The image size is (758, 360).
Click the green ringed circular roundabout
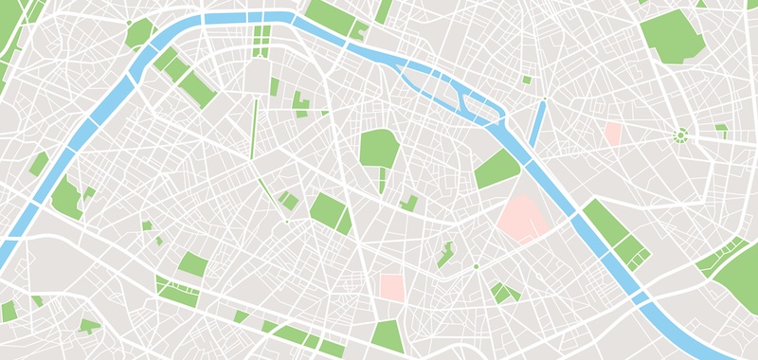click(x=679, y=135)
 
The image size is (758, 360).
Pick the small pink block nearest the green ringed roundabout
click(x=612, y=134)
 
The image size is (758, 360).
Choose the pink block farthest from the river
click(x=391, y=288)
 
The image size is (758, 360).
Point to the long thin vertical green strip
click(x=254, y=127)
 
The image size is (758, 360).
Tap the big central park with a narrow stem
click(x=379, y=151)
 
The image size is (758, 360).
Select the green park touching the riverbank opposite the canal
click(x=496, y=169)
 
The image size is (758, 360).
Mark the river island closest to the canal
click(x=474, y=103)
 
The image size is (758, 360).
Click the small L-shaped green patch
click(x=410, y=202)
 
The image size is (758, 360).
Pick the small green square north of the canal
click(x=527, y=80)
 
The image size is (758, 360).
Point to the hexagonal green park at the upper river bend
click(x=139, y=33)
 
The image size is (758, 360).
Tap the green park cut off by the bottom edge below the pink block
click(x=388, y=336)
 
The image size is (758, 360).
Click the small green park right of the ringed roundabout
click(x=722, y=130)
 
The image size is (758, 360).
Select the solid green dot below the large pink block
click(x=476, y=267)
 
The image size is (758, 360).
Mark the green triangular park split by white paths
click(x=503, y=292)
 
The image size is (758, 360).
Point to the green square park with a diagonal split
click(x=330, y=213)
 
